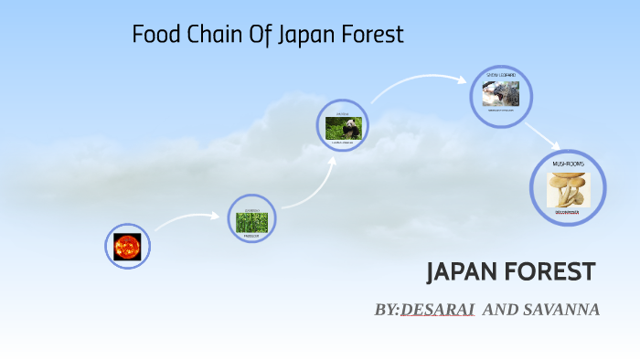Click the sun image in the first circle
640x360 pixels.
click(x=126, y=246)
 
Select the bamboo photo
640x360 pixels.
click(x=251, y=221)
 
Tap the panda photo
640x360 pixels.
click(x=344, y=128)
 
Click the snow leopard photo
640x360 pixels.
click(x=501, y=93)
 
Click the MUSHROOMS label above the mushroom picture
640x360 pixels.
click(x=569, y=163)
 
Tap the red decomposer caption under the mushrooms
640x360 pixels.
click(x=569, y=213)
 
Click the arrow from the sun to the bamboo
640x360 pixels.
click(x=187, y=218)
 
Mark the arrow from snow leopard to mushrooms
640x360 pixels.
click(x=543, y=135)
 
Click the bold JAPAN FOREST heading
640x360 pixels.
click(x=511, y=271)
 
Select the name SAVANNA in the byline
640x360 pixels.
click(x=560, y=310)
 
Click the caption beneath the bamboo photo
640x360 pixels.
click(x=251, y=235)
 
